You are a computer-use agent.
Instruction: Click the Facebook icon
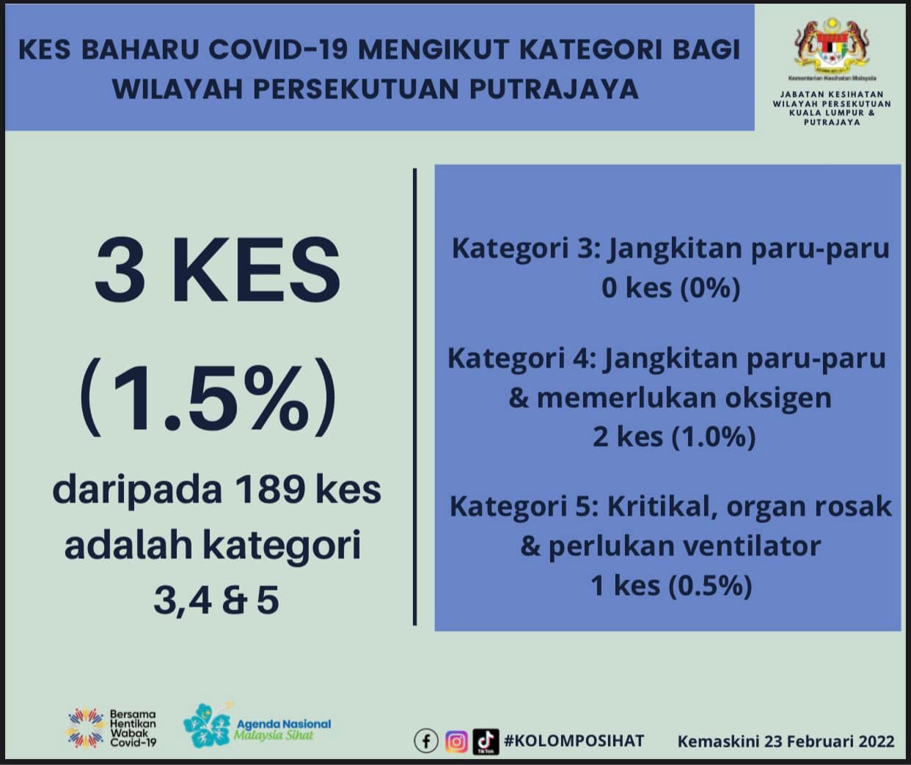click(x=426, y=741)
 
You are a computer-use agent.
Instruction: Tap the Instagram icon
click(x=456, y=742)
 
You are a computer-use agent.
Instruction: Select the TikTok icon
click(x=486, y=742)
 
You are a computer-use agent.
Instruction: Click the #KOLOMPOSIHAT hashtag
click(x=574, y=741)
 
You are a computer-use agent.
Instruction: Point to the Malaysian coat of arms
click(x=832, y=45)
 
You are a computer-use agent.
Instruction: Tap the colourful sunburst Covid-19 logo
click(x=86, y=728)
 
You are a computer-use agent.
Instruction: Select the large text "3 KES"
click(x=217, y=270)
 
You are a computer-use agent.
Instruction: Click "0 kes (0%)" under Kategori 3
click(x=671, y=288)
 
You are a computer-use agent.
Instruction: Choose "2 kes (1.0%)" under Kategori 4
click(x=674, y=437)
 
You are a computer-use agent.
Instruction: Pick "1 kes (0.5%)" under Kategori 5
click(x=671, y=585)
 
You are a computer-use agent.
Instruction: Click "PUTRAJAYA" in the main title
click(x=555, y=89)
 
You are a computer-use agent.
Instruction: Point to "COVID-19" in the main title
click(x=279, y=49)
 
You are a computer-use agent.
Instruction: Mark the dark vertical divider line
click(x=414, y=397)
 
